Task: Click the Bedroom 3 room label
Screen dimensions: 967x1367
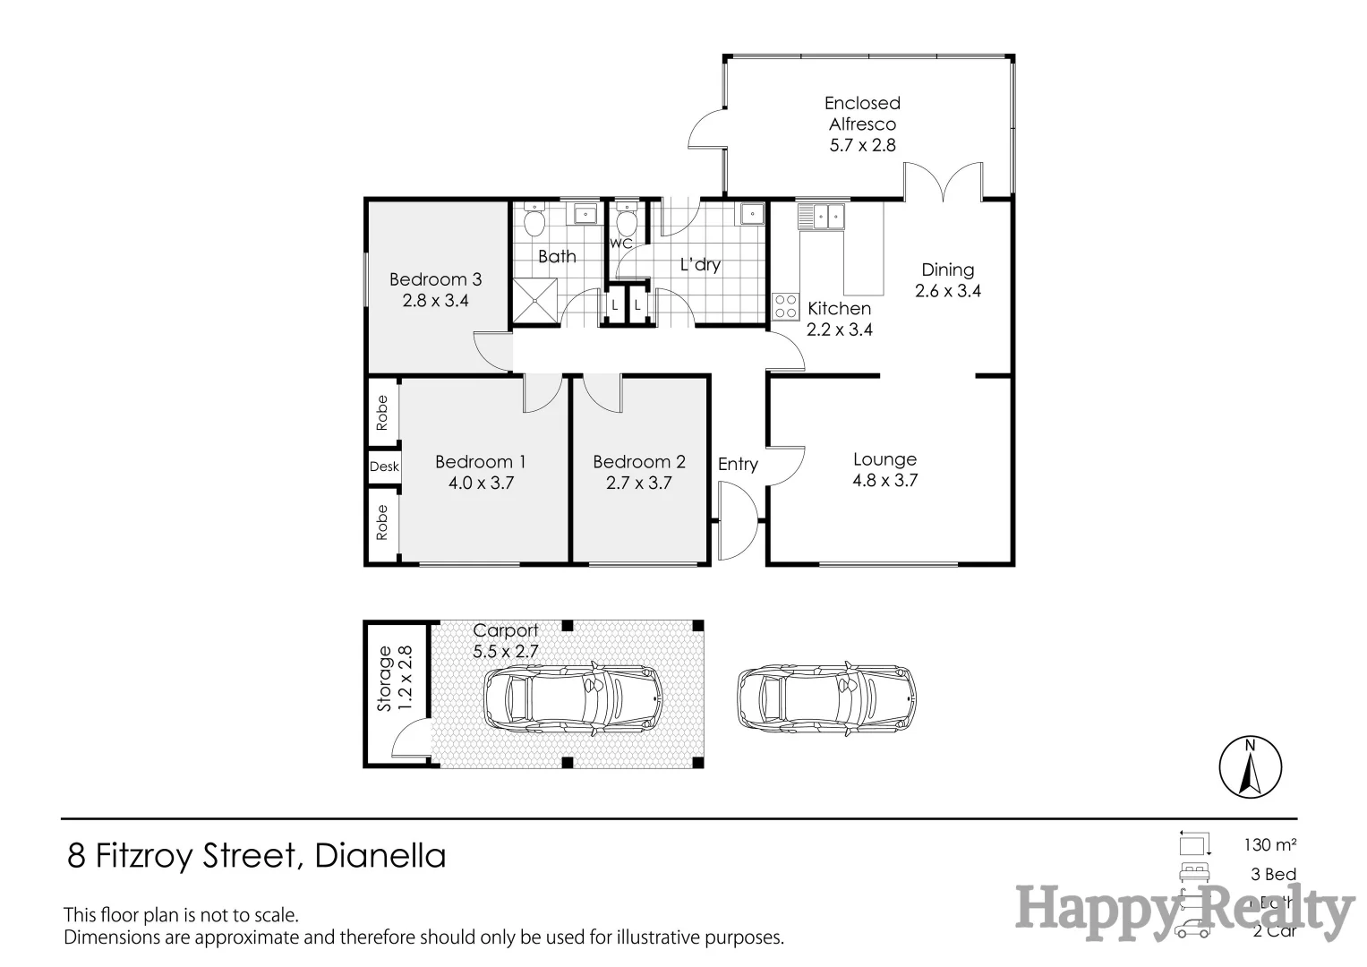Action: [x=435, y=279]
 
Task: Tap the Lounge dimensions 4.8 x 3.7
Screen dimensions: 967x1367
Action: [x=884, y=481]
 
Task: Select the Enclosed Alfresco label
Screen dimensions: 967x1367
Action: [x=862, y=114]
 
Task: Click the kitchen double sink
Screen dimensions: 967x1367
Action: [x=822, y=217]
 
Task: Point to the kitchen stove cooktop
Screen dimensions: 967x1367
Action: [x=785, y=306]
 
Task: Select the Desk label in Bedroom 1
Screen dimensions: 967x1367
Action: [x=384, y=466]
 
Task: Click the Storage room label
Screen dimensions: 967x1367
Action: [x=385, y=678]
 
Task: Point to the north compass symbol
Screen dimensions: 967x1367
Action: [x=1250, y=767]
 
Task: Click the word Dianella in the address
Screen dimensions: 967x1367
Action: [x=380, y=856]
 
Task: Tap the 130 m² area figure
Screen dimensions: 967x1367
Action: [x=1269, y=844]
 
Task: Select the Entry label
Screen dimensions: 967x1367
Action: [x=738, y=464]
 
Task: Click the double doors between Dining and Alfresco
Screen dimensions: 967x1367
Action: [x=944, y=183]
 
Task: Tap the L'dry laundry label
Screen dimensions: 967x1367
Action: [x=700, y=265]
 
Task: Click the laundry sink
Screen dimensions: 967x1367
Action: [x=750, y=214]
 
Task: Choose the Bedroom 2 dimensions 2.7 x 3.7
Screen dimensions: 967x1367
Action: [x=638, y=483]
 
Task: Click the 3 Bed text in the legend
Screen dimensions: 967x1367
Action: [x=1273, y=874]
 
